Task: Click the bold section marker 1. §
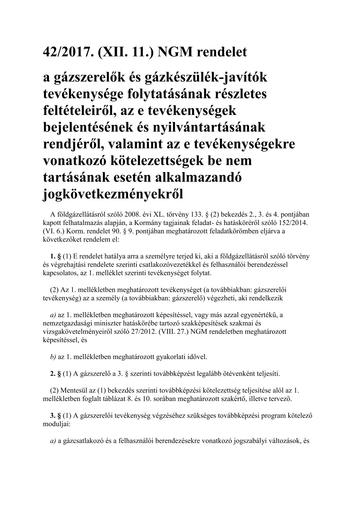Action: [55, 256]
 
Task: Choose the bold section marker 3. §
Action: [55, 416]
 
